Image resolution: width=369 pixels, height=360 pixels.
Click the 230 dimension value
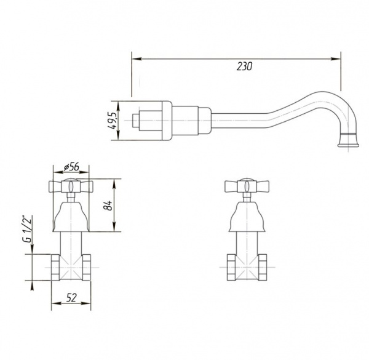tap(244, 66)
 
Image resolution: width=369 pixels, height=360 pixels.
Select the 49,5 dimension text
tap(113, 121)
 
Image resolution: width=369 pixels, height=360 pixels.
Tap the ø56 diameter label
tap(71, 167)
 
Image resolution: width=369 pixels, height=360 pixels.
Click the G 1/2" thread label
tap(27, 229)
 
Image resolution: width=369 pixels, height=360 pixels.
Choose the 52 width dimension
tap(71, 298)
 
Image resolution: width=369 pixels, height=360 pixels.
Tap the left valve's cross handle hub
tap(71, 186)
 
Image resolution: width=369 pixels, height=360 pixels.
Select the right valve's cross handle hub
tap(247, 186)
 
